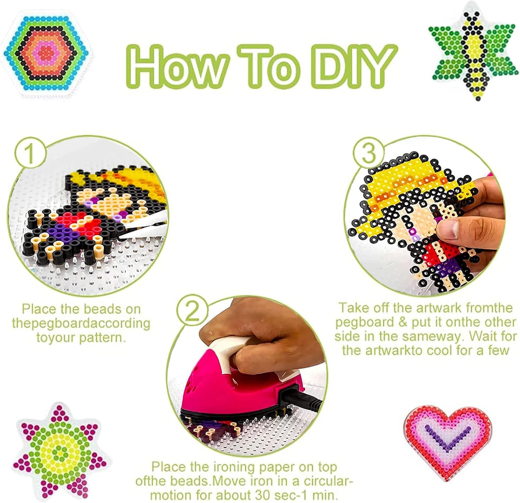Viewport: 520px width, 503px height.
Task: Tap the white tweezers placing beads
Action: [146, 225]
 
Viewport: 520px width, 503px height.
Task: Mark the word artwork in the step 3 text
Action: [439, 308]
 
